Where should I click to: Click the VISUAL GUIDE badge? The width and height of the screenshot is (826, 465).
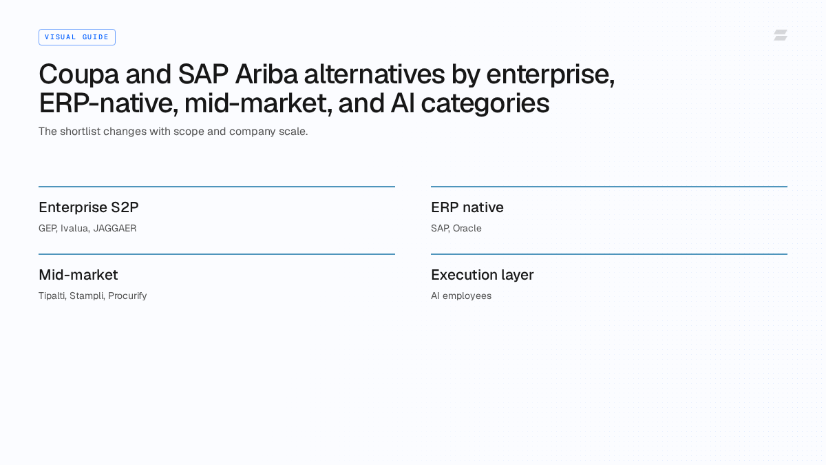click(x=77, y=37)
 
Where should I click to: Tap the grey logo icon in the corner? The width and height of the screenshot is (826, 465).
click(x=781, y=35)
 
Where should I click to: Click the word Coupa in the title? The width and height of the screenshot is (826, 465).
click(x=79, y=75)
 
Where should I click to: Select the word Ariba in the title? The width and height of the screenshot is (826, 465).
click(x=266, y=74)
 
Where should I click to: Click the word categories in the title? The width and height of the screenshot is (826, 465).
click(x=485, y=105)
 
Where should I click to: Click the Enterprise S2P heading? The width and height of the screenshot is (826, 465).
click(x=89, y=207)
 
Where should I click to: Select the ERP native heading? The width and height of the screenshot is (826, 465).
click(x=467, y=207)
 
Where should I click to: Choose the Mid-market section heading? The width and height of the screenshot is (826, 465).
click(x=78, y=275)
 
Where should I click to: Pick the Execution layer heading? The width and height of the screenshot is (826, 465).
click(x=483, y=276)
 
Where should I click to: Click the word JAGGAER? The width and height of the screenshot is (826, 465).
click(x=115, y=229)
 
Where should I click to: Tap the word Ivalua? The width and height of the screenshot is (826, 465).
click(x=75, y=229)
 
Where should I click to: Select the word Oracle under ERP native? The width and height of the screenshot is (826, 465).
click(x=467, y=229)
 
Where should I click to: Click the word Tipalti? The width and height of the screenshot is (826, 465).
click(x=52, y=296)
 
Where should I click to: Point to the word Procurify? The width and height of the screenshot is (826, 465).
click(x=127, y=296)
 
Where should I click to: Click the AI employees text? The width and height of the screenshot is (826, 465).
click(x=461, y=296)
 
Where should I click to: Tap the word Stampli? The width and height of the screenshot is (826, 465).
click(x=87, y=296)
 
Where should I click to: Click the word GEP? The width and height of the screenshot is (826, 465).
click(x=48, y=229)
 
